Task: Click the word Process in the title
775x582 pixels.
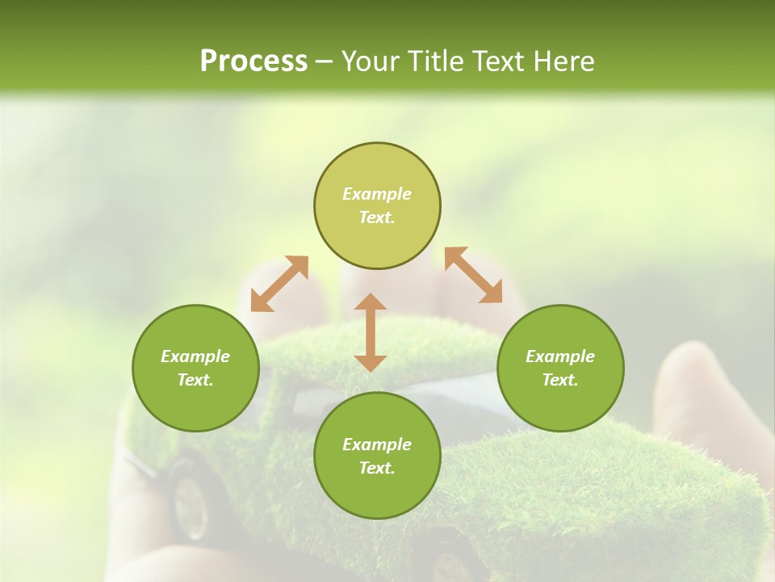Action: pyautogui.click(x=253, y=61)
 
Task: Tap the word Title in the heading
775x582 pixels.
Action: pyautogui.click(x=447, y=61)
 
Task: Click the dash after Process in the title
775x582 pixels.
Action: pyautogui.click(x=325, y=62)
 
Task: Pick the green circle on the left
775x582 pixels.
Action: pyautogui.click(x=195, y=368)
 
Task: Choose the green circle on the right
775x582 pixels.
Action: pyautogui.click(x=560, y=368)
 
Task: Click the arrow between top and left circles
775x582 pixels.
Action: pyautogui.click(x=279, y=284)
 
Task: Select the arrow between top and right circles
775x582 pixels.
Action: pyautogui.click(x=473, y=275)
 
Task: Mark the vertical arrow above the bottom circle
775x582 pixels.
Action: pyautogui.click(x=371, y=332)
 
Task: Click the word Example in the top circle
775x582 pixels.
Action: pyautogui.click(x=377, y=194)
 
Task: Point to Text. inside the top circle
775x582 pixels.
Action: pyautogui.click(x=377, y=217)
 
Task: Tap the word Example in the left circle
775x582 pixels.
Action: pyautogui.click(x=195, y=356)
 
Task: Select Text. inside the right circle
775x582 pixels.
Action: pyautogui.click(x=560, y=380)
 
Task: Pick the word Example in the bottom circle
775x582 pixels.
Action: pyautogui.click(x=377, y=445)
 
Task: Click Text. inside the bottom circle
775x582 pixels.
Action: pyautogui.click(x=377, y=468)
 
